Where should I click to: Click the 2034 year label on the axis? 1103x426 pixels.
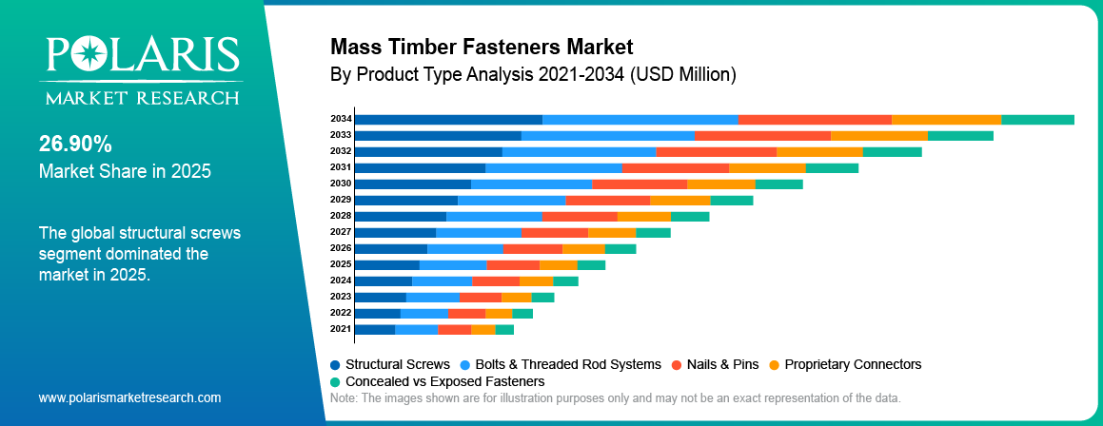[341, 119]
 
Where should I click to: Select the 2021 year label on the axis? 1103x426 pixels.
[341, 329]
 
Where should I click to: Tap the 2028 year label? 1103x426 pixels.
[341, 216]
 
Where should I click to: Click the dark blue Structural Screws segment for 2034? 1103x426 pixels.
[447, 119]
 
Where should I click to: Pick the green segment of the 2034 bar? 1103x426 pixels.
[1037, 119]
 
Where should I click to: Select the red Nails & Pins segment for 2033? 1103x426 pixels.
[761, 135]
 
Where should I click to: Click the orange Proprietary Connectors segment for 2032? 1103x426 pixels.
[819, 151]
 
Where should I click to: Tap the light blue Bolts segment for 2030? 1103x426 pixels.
[531, 184]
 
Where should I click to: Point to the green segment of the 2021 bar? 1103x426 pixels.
[504, 329]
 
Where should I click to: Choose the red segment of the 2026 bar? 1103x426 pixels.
[533, 248]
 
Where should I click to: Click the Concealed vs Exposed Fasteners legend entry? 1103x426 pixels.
[437, 380]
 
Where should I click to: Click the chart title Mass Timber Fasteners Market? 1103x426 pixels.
[481, 46]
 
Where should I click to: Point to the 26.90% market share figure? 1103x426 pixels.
[75, 144]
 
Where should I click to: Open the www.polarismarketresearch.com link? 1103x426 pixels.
[129, 397]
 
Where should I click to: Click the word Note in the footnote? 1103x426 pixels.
[342, 397]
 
